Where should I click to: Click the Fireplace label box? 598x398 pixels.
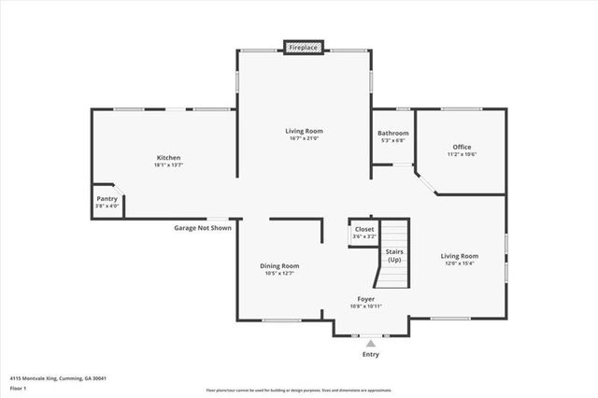(x=304, y=47)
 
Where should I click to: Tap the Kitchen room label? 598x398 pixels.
(x=168, y=158)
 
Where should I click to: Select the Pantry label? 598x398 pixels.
(x=107, y=198)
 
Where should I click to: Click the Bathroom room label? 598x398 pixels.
(x=393, y=134)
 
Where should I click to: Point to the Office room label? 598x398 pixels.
(x=462, y=147)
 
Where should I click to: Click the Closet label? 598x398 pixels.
(x=364, y=229)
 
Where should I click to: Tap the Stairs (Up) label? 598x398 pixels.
(x=394, y=254)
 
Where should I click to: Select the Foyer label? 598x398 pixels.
(x=365, y=299)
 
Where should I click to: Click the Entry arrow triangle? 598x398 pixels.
(x=371, y=344)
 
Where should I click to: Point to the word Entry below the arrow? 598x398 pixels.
(x=371, y=355)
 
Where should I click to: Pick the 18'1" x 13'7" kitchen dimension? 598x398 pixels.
(x=168, y=165)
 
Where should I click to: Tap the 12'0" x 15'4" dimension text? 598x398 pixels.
(x=460, y=263)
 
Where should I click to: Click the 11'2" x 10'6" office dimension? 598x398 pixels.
(x=462, y=154)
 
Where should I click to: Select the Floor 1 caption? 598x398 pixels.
(x=19, y=388)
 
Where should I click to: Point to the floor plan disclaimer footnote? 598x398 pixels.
(x=299, y=391)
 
